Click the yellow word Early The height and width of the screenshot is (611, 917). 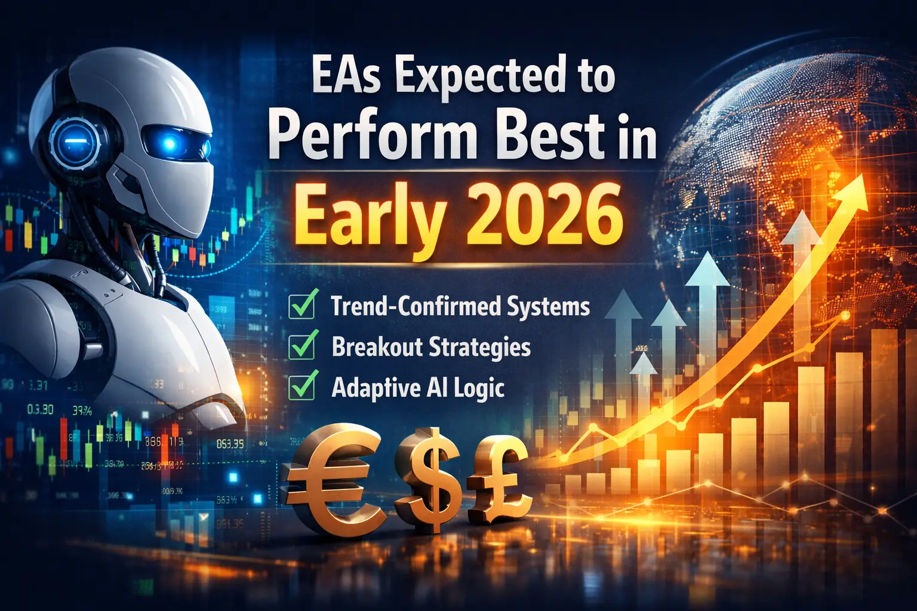(x=370, y=216)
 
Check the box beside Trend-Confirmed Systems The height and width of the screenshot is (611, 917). (x=301, y=306)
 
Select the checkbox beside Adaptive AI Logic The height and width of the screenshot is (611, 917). (x=301, y=386)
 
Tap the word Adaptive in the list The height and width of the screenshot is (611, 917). (x=367, y=387)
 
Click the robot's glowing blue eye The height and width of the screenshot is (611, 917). (x=171, y=143)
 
